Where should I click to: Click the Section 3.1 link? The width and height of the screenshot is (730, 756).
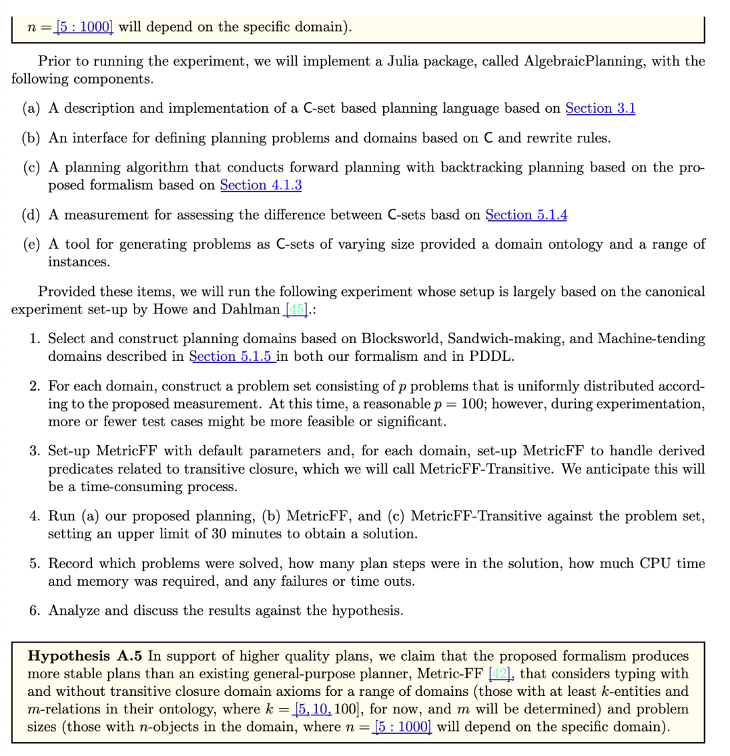(x=600, y=108)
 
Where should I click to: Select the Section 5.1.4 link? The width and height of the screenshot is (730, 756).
(x=526, y=215)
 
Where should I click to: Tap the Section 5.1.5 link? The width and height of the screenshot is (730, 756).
(x=232, y=356)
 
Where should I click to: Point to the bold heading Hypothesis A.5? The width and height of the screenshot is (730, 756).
(x=84, y=655)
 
